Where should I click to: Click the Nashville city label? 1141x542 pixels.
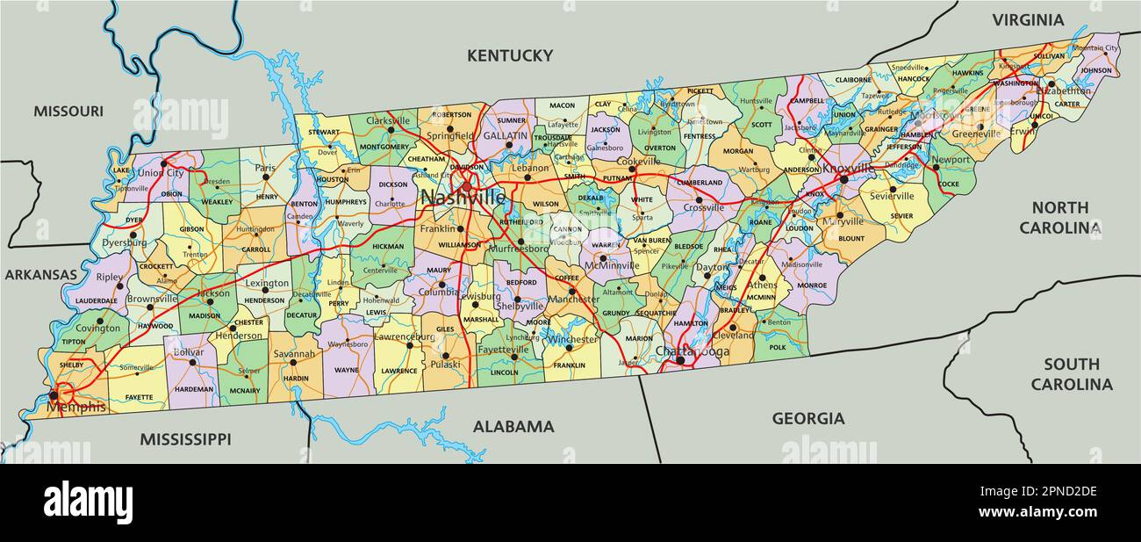coord(463,198)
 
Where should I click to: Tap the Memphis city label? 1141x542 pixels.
coord(76,407)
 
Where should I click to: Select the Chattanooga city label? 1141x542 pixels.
coord(692,351)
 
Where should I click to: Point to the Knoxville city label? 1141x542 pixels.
coord(848,168)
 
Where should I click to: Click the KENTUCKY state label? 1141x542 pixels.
coord(510,55)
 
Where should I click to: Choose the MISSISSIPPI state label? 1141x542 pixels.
coord(185,438)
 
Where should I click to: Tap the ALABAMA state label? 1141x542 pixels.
coord(513,427)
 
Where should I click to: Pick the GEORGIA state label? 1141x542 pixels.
coord(807,419)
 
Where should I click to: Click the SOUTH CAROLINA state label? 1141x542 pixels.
coord(1071,374)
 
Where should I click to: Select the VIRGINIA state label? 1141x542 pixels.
coord(1028,19)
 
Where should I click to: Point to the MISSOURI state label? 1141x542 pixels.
coord(68,111)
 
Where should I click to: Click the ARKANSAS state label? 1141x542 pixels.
coord(41,274)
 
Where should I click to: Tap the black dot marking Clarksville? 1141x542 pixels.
coord(391,130)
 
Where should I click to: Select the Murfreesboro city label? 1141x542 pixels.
coord(517,249)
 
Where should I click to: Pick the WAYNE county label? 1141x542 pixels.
coord(347,370)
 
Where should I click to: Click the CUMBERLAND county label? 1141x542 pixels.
coord(699,183)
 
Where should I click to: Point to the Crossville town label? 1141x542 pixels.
coord(704,208)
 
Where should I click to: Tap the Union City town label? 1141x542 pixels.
coord(161,173)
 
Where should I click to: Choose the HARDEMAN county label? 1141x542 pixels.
coord(193,388)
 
